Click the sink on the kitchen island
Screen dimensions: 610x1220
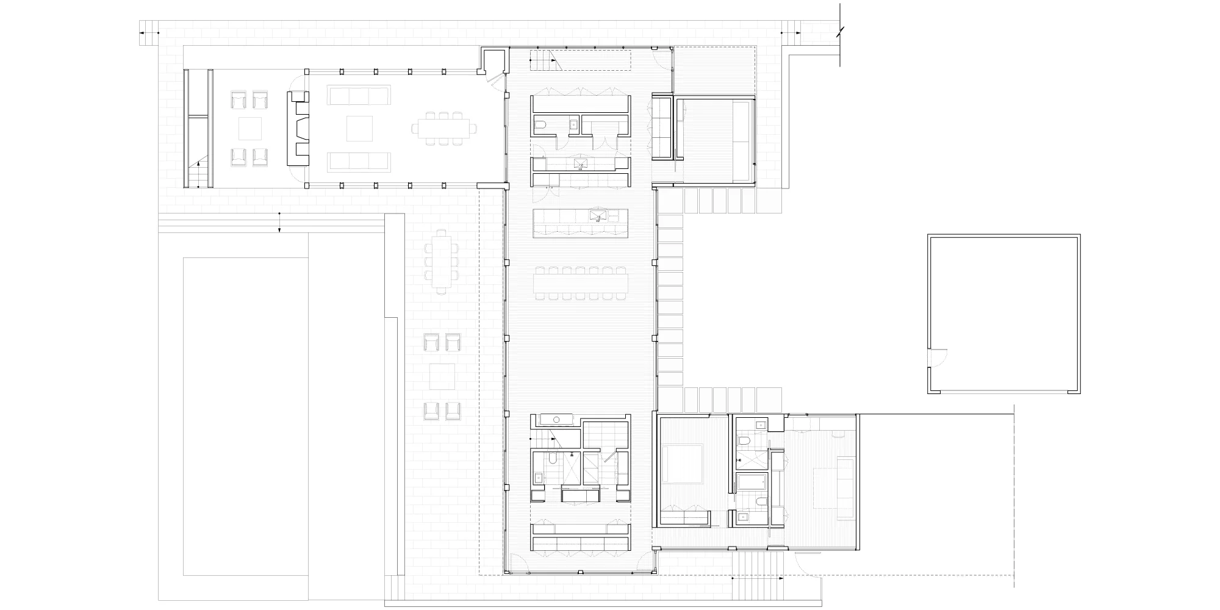pyautogui.click(x=596, y=215)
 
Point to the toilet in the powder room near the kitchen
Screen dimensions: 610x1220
pyautogui.click(x=541, y=127)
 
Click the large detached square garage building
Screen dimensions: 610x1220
pyautogui.click(x=1003, y=314)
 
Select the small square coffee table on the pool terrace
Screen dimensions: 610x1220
pyautogui.click(x=441, y=376)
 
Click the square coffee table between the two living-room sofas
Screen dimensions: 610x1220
pyautogui.click(x=358, y=129)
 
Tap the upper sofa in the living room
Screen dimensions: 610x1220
pyautogui.click(x=358, y=96)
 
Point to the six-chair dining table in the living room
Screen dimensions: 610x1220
pyautogui.click(x=443, y=129)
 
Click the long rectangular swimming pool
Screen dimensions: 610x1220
pyautogui.click(x=245, y=416)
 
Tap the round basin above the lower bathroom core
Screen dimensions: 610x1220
pyautogui.click(x=557, y=420)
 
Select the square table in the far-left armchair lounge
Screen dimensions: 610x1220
pyautogui.click(x=250, y=129)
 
